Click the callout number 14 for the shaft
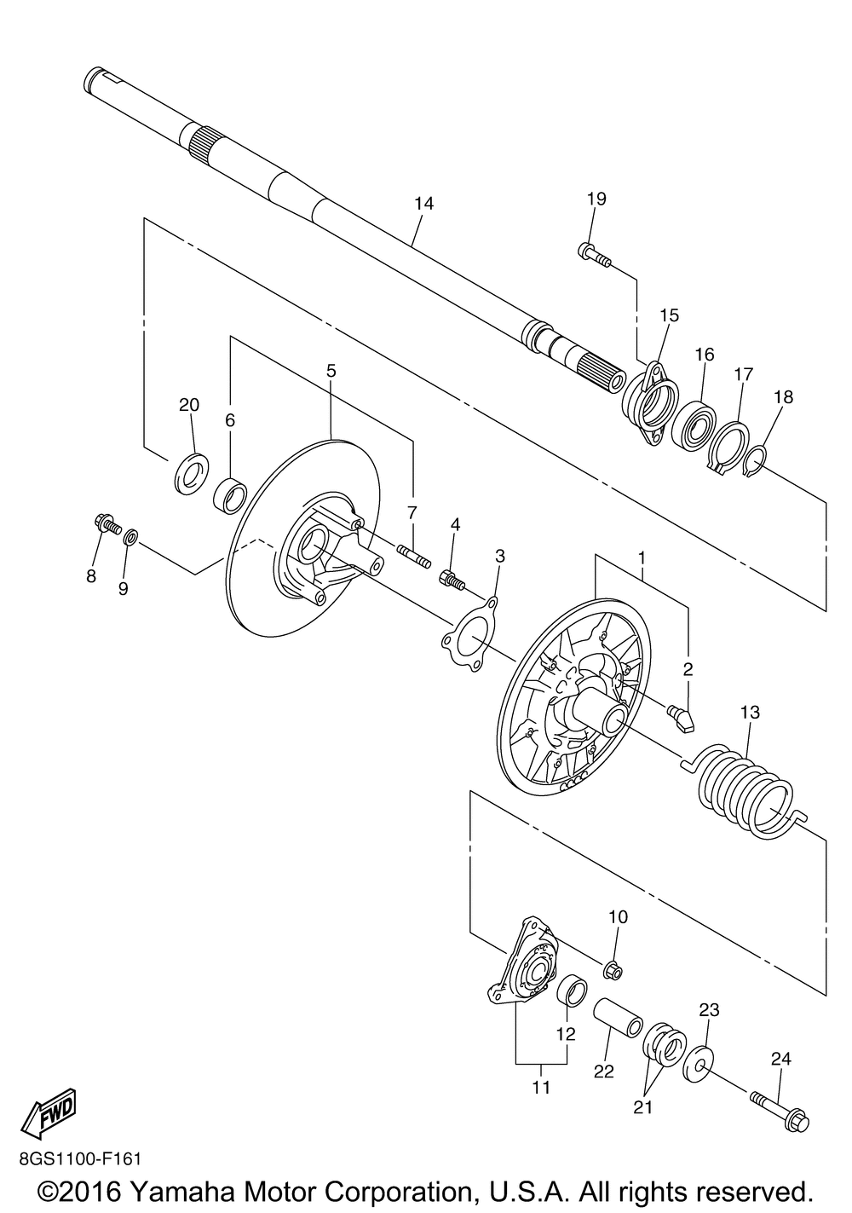click(x=423, y=204)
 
